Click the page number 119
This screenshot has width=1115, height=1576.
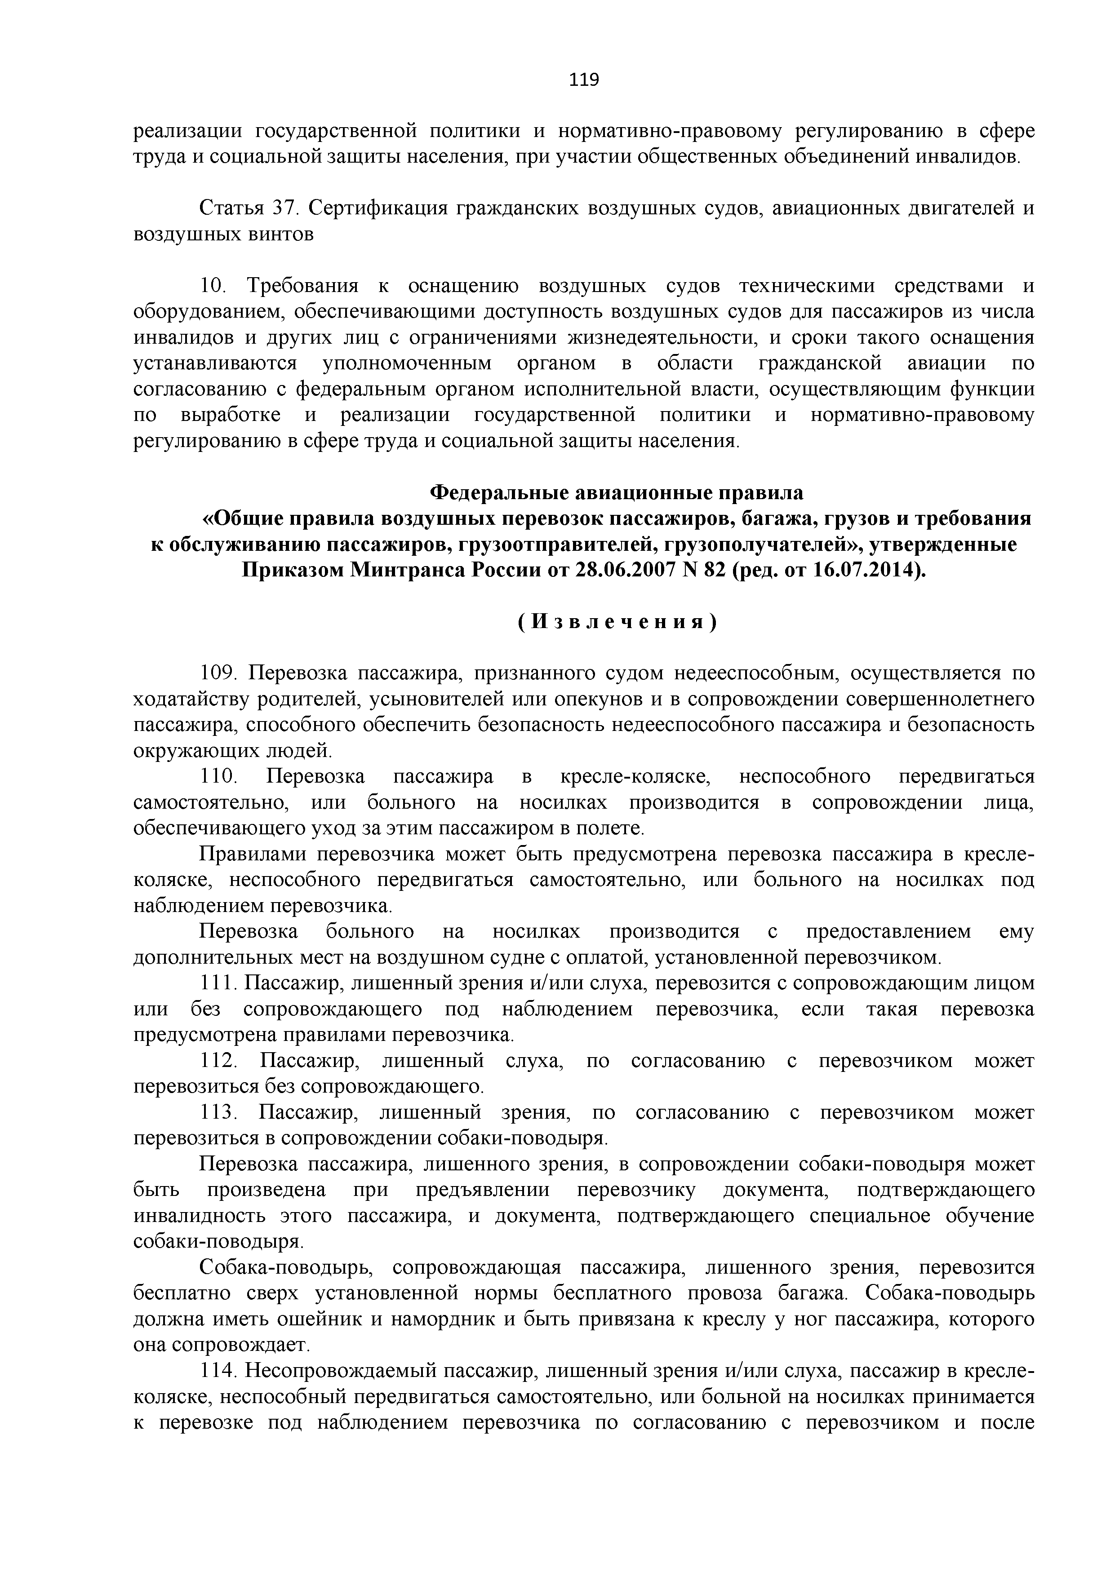coord(584,80)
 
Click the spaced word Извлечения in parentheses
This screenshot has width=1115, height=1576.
coord(617,622)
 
